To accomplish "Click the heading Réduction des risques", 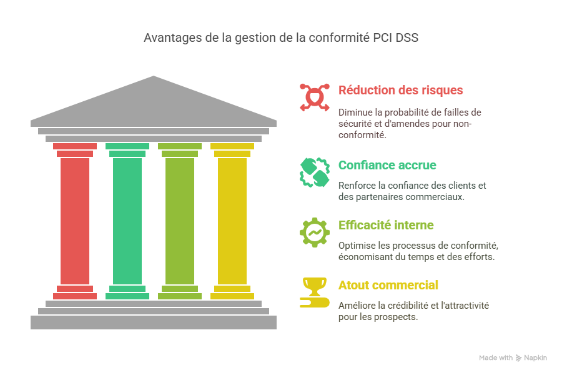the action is (x=401, y=90).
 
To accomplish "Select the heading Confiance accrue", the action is (x=387, y=165).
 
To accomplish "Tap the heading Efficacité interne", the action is (x=386, y=225).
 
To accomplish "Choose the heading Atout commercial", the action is (x=388, y=285).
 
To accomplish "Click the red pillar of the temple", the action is (x=75, y=221).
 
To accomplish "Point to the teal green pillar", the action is (x=127, y=221).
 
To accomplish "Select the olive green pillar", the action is (x=180, y=221).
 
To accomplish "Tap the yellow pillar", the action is (x=232, y=221).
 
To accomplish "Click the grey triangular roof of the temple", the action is (x=154, y=101).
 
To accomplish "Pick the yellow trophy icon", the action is (x=314, y=292).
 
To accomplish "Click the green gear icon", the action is (x=314, y=232).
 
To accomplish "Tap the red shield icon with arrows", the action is (x=314, y=97).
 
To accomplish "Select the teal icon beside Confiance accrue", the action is (x=314, y=172).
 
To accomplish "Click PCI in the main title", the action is (x=382, y=37).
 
